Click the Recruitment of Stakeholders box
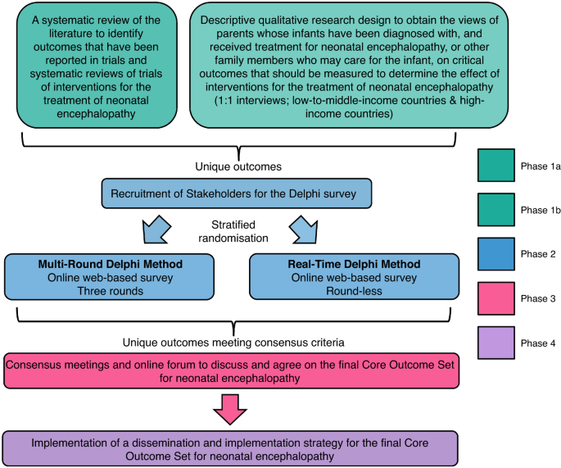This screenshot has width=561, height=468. click(238, 195)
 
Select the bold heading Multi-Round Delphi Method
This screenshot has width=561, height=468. click(110, 264)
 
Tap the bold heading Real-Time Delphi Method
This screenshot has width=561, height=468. click(354, 264)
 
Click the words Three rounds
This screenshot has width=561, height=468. click(110, 291)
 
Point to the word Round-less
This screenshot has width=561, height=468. click(354, 291)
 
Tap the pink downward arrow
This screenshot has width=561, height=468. click(236, 407)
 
